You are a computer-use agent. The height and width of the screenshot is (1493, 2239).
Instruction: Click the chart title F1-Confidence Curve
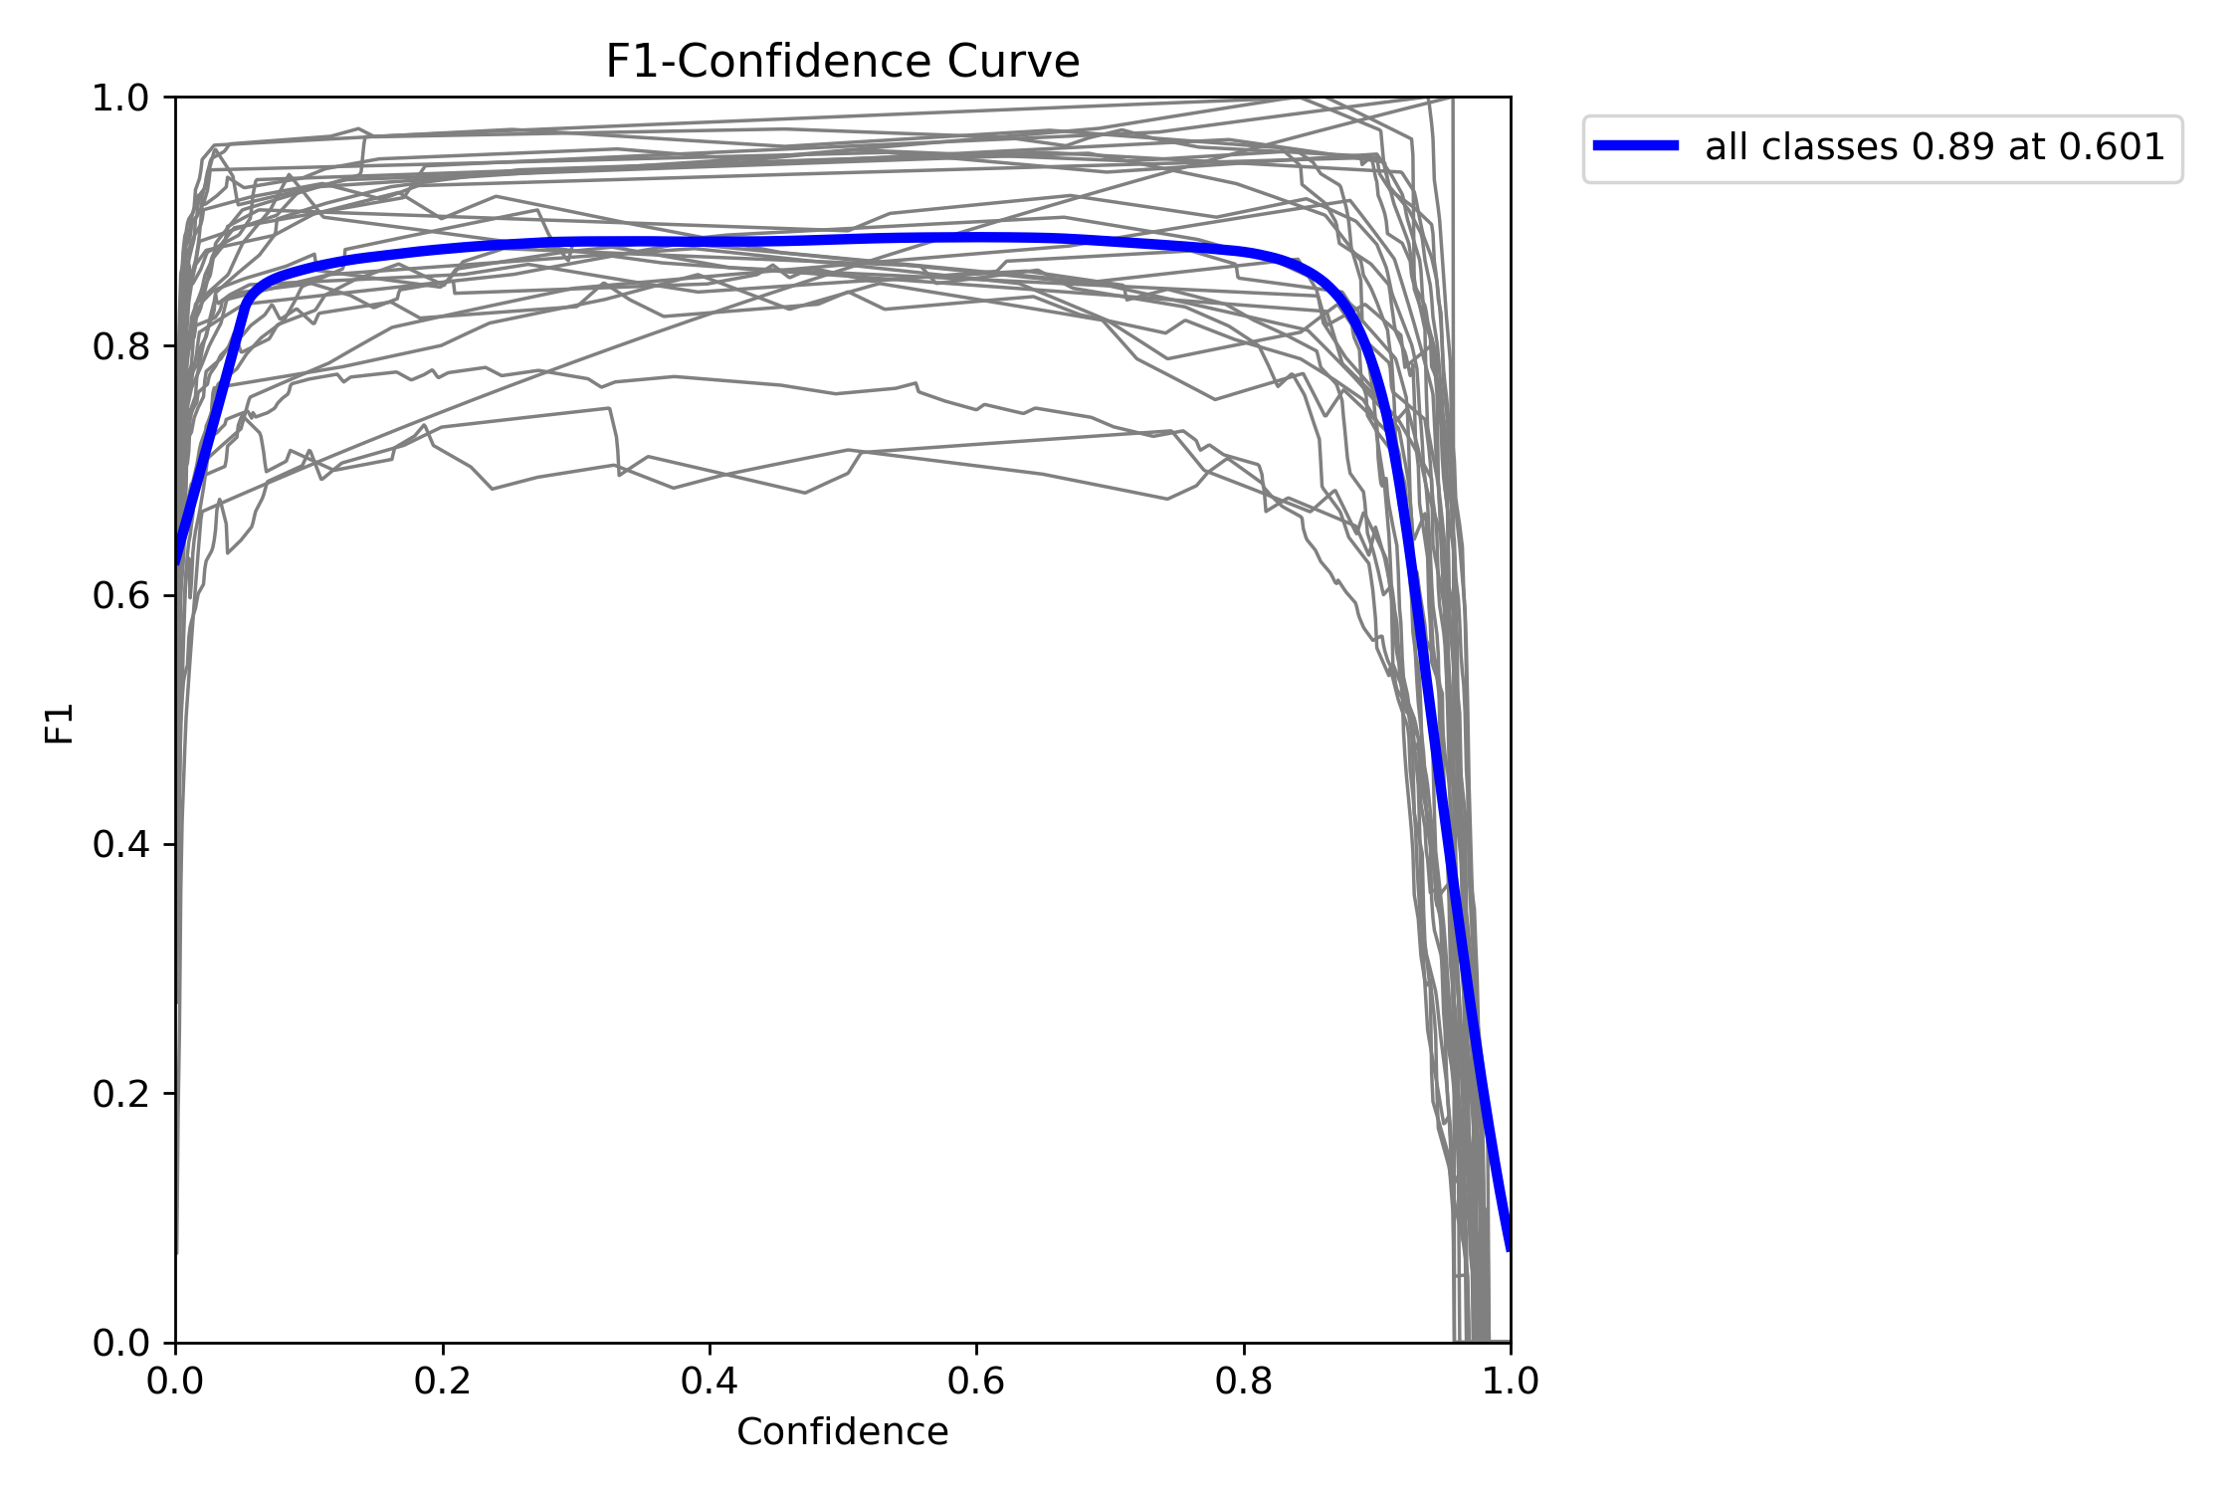pyautogui.click(x=842, y=62)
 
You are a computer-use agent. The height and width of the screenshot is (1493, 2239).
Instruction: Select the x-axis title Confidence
pyautogui.click(x=842, y=1431)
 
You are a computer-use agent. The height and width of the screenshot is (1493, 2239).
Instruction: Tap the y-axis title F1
pyautogui.click(x=60, y=723)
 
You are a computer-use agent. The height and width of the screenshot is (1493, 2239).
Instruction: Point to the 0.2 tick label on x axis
pyautogui.click(x=442, y=1382)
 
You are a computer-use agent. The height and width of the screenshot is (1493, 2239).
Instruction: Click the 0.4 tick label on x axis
pyautogui.click(x=710, y=1382)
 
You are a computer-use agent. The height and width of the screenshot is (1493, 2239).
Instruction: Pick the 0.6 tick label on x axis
pyautogui.click(x=976, y=1382)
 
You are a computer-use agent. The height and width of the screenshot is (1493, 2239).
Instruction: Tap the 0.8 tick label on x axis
pyautogui.click(x=1244, y=1382)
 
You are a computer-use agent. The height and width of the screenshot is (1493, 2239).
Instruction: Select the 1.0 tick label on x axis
pyautogui.click(x=1511, y=1382)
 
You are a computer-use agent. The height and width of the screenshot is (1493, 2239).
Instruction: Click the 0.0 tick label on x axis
pyautogui.click(x=175, y=1382)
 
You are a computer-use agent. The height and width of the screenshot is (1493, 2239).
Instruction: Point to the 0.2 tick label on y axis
pyautogui.click(x=120, y=1094)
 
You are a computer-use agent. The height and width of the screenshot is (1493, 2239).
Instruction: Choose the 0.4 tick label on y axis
pyautogui.click(x=120, y=845)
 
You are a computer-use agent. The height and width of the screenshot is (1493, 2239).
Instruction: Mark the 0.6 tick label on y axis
pyautogui.click(x=120, y=596)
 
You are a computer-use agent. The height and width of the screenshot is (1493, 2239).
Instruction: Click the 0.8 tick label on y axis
pyautogui.click(x=120, y=346)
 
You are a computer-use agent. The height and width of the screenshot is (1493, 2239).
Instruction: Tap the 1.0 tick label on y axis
pyautogui.click(x=120, y=98)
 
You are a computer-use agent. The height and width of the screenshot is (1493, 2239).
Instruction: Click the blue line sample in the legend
pyautogui.click(x=1636, y=146)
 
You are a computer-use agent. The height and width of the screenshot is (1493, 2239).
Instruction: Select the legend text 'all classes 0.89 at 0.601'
pyautogui.click(x=1934, y=147)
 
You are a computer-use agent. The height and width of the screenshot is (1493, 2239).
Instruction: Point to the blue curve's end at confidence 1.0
pyautogui.click(x=1509, y=1248)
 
